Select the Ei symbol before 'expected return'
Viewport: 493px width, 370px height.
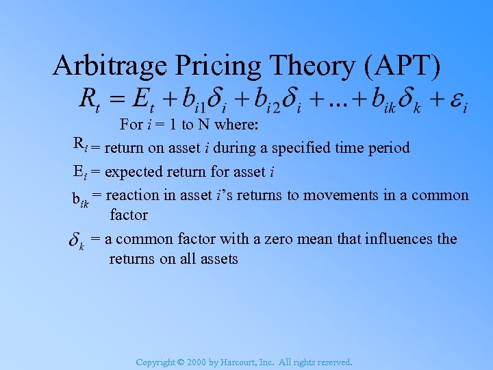tap(79, 172)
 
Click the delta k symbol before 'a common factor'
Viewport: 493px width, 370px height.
tap(77, 241)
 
